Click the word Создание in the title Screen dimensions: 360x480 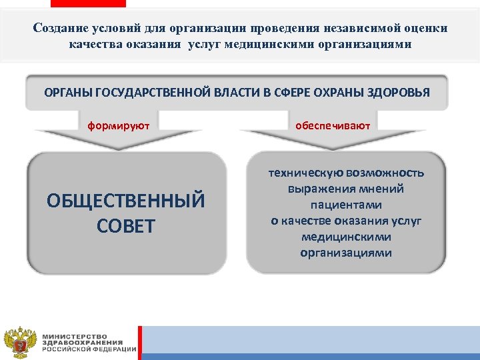[x=58, y=29]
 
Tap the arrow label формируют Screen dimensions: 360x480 [x=119, y=125]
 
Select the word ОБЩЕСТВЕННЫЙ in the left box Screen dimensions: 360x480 [x=126, y=201]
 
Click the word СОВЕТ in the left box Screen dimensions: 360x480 [x=125, y=226]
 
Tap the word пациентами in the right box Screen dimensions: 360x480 [x=346, y=205]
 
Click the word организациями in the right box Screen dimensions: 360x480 [x=346, y=253]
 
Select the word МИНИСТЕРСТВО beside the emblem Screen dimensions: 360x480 [x=75, y=335]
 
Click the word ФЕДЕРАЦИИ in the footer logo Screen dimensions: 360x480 [x=113, y=349]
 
